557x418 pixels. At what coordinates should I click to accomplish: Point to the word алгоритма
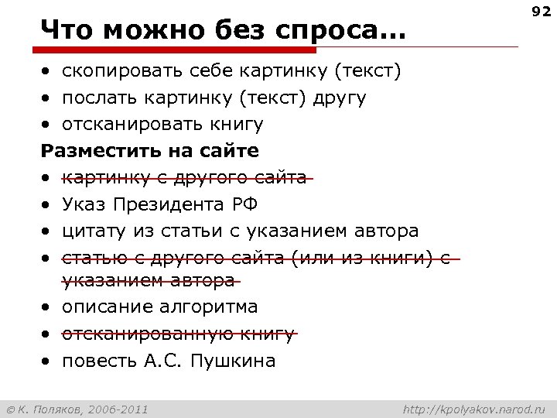209,307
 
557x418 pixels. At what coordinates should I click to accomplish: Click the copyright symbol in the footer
10,409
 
